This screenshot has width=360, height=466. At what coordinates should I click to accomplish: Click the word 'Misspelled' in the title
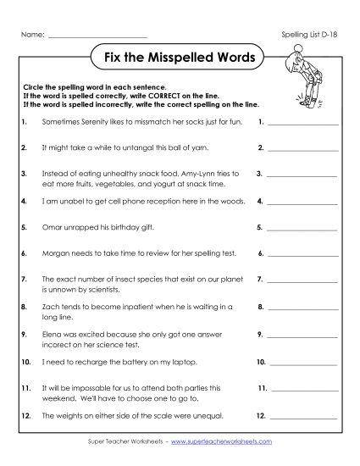pyautogui.click(x=178, y=60)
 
